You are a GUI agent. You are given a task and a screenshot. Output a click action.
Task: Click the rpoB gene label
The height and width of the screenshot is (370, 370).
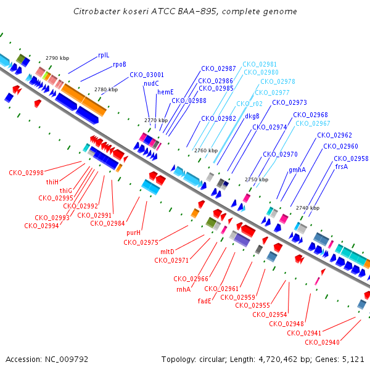(120, 64)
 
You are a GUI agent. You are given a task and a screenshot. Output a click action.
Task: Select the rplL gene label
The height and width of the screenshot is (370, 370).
(104, 55)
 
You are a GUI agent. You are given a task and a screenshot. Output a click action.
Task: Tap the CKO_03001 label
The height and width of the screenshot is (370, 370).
(147, 75)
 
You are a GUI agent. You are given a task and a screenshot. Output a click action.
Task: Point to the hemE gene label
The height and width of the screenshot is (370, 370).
(165, 92)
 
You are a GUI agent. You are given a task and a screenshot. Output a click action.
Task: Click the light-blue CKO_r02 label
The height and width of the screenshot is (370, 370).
(249, 104)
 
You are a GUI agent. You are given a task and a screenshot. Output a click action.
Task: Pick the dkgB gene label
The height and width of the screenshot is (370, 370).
(252, 116)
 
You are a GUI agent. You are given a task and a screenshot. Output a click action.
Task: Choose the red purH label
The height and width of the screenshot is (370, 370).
(134, 233)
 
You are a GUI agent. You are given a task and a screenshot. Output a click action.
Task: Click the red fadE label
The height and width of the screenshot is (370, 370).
(204, 301)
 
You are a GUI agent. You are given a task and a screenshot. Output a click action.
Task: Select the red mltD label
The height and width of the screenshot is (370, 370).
(167, 252)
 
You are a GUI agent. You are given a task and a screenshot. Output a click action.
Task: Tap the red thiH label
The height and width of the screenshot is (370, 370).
(52, 182)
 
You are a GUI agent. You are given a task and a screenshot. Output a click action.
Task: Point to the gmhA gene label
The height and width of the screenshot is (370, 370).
(297, 170)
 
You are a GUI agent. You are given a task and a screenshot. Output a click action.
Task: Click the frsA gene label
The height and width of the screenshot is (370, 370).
(342, 166)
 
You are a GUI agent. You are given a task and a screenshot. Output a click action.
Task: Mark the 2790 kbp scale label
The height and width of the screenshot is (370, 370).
(57, 58)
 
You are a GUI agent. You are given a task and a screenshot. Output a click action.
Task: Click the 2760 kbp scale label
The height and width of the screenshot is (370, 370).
(206, 150)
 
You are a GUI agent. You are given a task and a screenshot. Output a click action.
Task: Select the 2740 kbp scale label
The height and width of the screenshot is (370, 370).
(308, 208)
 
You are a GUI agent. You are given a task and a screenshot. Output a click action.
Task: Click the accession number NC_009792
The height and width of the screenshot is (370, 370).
(67, 360)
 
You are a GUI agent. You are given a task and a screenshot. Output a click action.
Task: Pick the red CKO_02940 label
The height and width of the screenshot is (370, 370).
(322, 342)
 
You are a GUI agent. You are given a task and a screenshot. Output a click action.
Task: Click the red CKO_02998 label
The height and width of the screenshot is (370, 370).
(26, 173)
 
